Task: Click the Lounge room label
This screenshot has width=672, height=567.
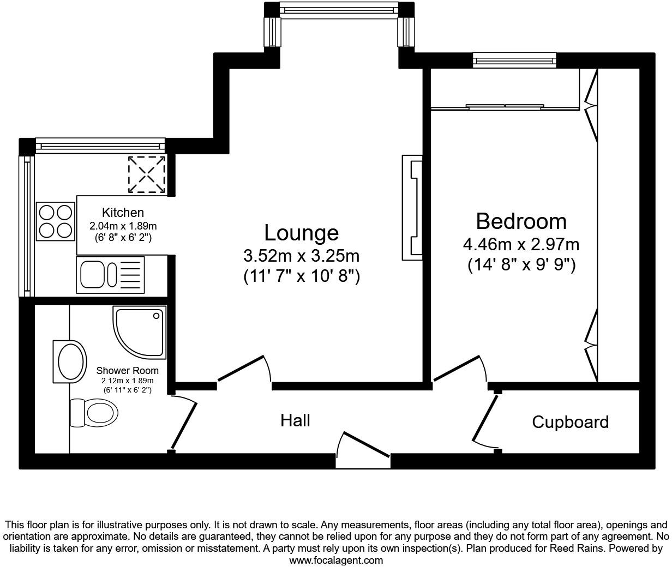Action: coord(301,233)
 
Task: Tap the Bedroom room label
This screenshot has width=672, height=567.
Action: coord(521,221)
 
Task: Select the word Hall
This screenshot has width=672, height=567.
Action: coord(295,420)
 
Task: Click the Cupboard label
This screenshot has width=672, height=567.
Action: coord(570,422)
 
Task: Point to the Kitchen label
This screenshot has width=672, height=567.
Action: coord(123,213)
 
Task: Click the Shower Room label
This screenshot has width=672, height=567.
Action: coord(127,371)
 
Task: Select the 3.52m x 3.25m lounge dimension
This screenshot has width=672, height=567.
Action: coord(301,256)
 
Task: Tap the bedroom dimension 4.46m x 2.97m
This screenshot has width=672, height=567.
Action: coord(521,244)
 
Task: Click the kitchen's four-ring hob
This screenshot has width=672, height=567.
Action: coord(55,221)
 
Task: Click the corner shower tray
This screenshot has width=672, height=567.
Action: coord(140,332)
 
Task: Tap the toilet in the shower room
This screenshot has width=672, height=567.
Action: coord(94,412)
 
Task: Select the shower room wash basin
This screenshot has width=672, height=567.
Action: coord(69,361)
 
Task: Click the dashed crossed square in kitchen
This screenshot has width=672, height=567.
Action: coord(146,174)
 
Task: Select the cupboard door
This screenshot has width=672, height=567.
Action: coord(485,419)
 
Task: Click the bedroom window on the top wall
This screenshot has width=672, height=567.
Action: coord(514,60)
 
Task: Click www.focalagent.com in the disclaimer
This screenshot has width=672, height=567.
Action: coord(336,560)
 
